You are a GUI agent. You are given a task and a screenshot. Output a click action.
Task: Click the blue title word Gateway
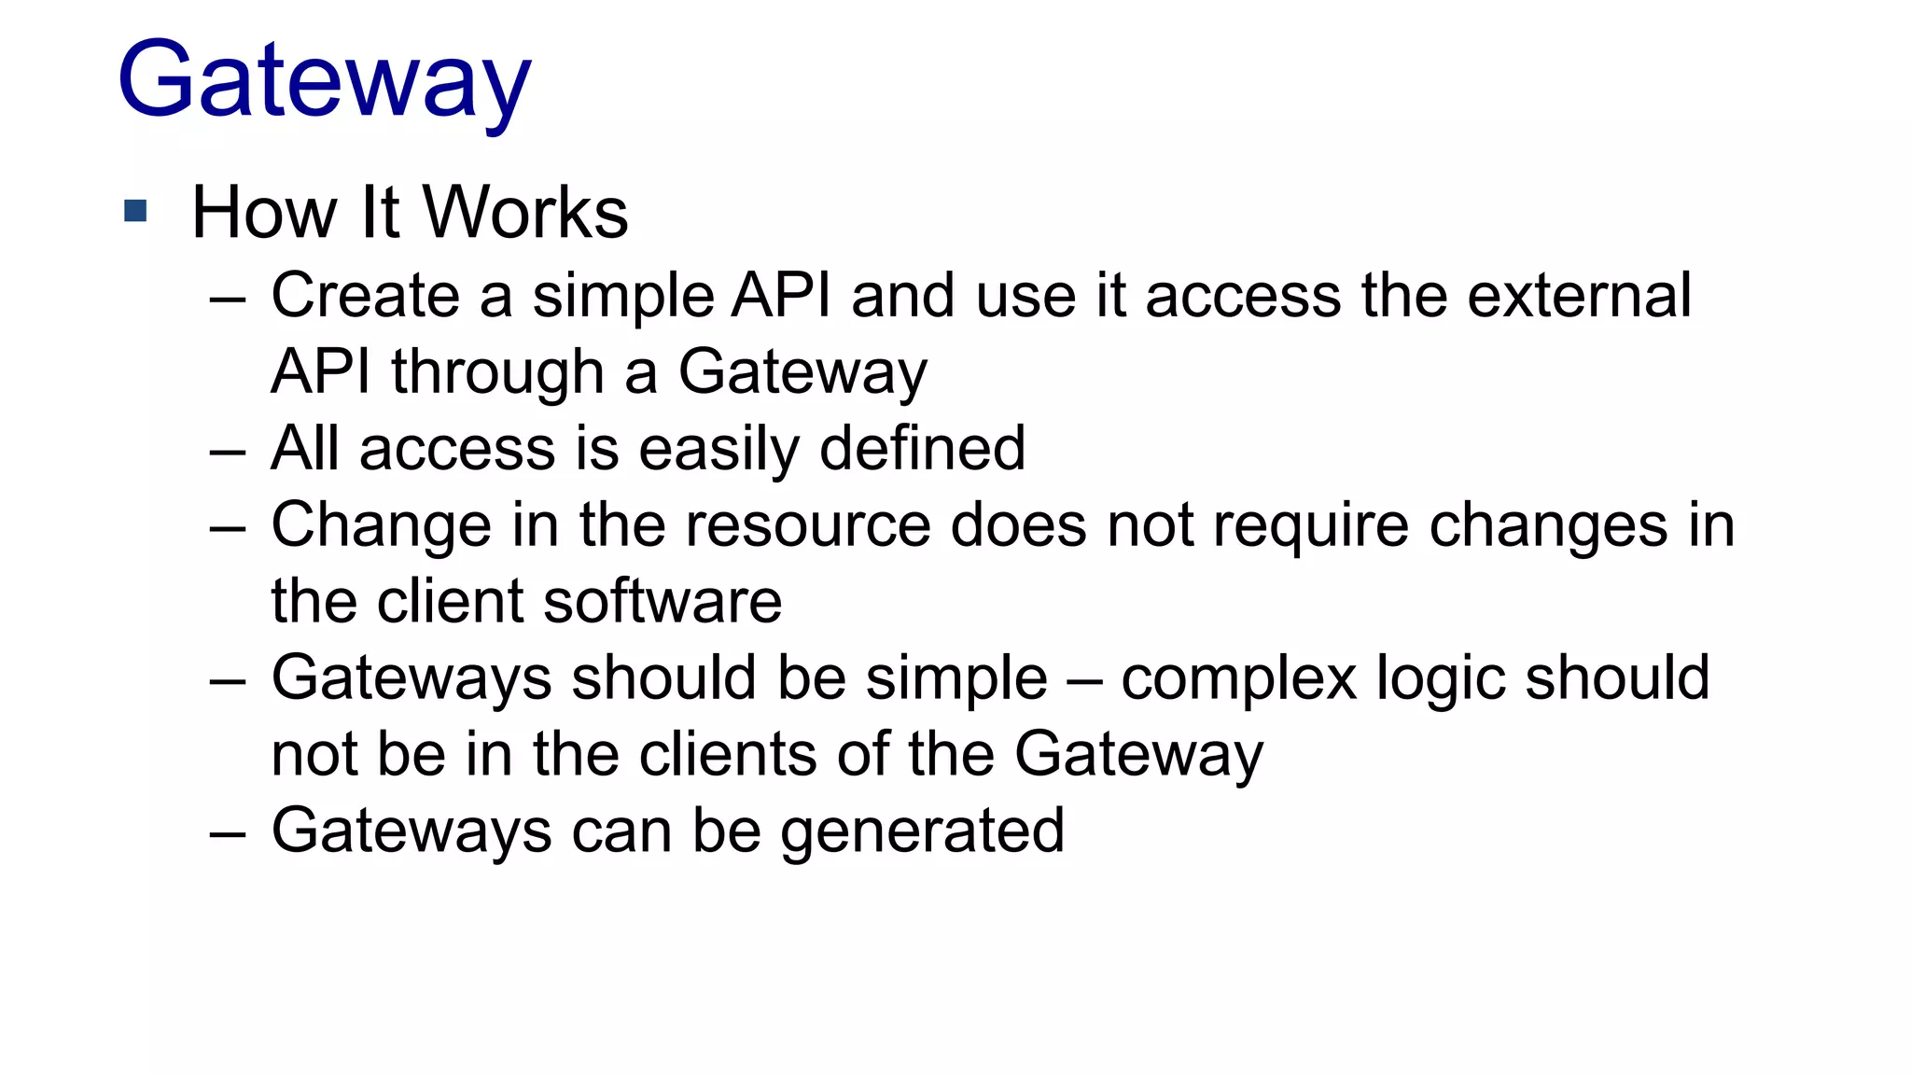click(324, 82)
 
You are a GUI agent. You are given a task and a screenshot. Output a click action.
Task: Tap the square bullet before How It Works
click(135, 211)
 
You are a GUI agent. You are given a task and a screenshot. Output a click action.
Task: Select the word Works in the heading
click(526, 213)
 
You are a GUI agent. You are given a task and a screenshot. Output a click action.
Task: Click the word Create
click(365, 296)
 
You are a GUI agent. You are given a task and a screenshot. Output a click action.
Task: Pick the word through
click(497, 372)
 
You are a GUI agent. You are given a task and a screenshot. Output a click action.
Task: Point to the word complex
click(1238, 678)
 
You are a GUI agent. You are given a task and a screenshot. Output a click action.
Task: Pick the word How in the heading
click(264, 213)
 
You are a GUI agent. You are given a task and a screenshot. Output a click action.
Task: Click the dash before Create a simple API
click(228, 300)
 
